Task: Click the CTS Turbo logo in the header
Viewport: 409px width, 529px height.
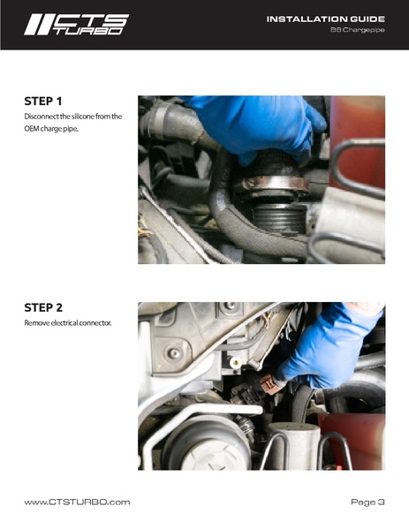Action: [x=76, y=25]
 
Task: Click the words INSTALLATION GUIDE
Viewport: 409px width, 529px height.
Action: [x=326, y=19]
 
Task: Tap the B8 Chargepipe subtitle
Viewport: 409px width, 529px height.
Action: [x=358, y=30]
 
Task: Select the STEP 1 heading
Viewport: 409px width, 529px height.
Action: [x=43, y=102]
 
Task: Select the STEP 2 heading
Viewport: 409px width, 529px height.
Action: [x=43, y=307]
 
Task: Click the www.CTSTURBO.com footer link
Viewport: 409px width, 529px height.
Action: [x=77, y=502]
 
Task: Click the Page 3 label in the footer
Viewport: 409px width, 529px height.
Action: [x=367, y=502]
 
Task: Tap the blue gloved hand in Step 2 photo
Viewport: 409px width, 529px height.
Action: [x=328, y=347]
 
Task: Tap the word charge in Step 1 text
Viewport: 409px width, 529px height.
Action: [x=50, y=129]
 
